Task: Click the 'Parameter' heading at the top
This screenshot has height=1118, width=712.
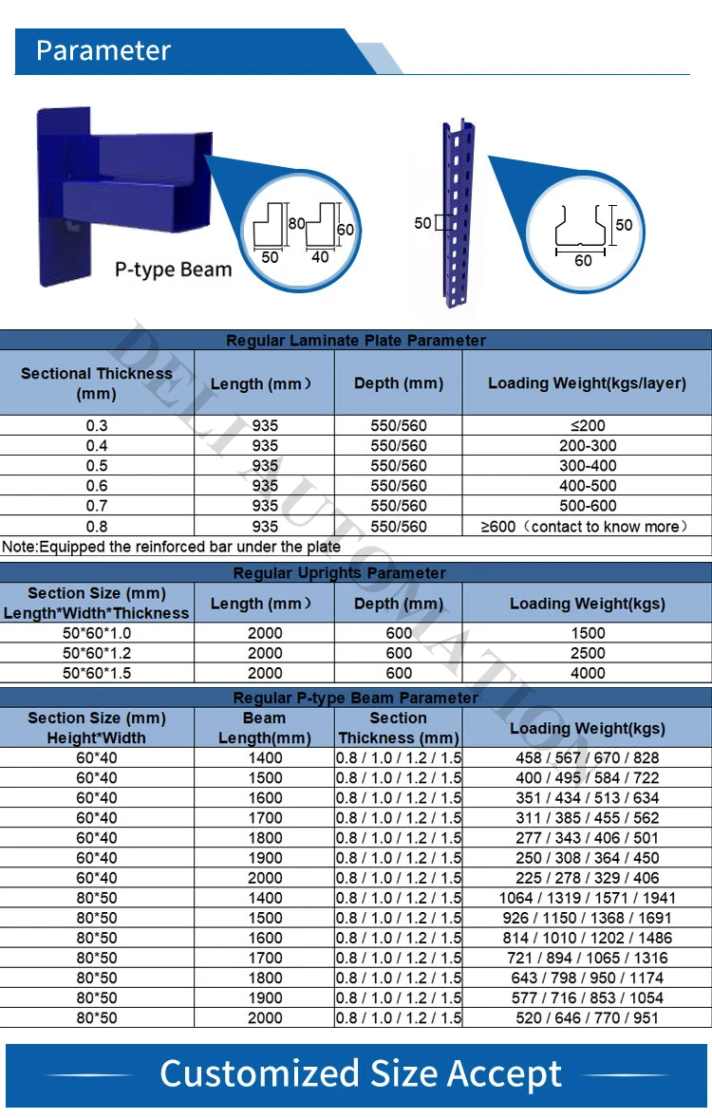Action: (103, 50)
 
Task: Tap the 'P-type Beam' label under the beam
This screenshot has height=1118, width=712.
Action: (173, 269)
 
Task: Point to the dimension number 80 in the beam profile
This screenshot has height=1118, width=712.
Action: (296, 225)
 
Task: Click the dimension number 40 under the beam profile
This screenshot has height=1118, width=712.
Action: (321, 256)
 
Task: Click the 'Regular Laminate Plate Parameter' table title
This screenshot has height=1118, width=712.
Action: (356, 340)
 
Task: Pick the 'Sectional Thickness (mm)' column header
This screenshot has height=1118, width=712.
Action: (97, 383)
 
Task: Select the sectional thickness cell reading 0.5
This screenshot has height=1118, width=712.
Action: (97, 466)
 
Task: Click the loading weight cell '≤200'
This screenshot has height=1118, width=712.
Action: (588, 426)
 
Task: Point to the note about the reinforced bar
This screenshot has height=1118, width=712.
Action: (171, 547)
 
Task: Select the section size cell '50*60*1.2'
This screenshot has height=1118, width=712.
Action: (97, 653)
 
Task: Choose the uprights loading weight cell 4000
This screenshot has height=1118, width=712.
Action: (588, 673)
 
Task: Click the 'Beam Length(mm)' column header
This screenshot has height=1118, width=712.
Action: (265, 728)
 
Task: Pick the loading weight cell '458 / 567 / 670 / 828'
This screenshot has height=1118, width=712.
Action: (587, 757)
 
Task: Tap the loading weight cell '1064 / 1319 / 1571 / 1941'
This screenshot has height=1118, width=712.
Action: (587, 898)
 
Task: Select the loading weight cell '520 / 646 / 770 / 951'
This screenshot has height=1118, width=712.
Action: (587, 1017)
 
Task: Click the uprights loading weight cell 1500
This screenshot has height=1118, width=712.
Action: (588, 633)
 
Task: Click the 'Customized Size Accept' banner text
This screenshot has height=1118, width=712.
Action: (361, 1073)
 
